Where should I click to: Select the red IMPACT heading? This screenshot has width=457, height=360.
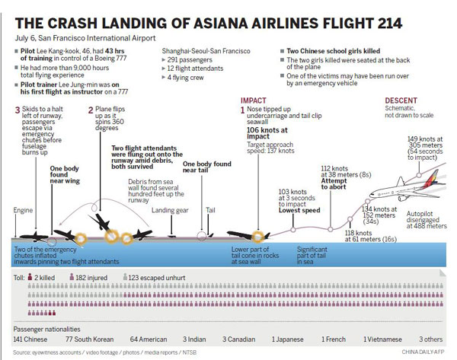click(x=253, y=100)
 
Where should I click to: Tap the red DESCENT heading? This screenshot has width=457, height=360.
click(x=401, y=100)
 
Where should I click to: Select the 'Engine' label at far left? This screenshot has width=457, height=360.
click(x=24, y=210)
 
